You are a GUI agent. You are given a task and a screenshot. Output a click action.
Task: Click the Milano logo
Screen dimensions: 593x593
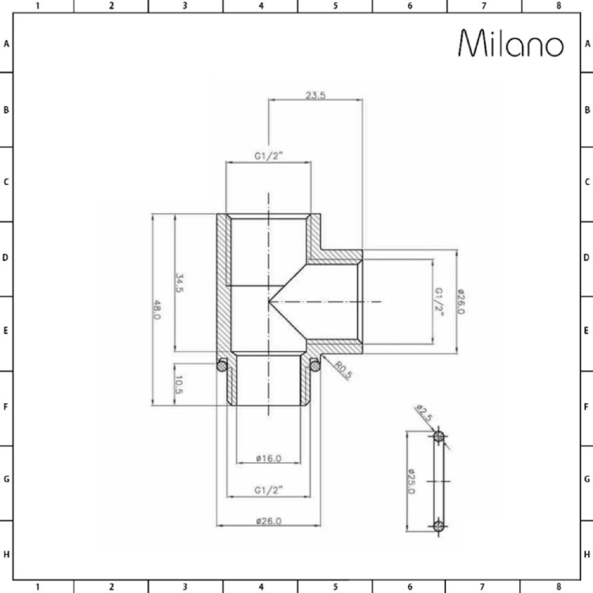coord(511,44)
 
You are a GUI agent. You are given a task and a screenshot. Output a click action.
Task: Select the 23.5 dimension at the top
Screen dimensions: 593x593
coord(315,95)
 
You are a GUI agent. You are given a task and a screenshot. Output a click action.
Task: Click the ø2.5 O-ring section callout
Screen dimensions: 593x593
coord(424,413)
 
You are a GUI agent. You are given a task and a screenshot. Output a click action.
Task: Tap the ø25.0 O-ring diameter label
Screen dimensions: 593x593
coord(411,481)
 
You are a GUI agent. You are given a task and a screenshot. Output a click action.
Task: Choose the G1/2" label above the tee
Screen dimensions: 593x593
coord(268,157)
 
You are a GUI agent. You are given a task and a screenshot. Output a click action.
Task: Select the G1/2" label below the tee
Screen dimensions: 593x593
coord(268,490)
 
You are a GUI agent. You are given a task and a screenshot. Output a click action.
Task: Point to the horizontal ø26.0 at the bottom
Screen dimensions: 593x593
coord(268,521)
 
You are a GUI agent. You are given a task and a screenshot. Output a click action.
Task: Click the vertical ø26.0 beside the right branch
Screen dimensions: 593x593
coord(461,302)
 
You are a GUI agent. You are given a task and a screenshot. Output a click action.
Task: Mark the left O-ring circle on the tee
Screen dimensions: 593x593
coord(222,365)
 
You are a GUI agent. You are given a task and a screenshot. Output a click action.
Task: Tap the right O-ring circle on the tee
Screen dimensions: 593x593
coord(315,365)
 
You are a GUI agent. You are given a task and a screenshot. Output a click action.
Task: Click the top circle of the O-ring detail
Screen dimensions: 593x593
coord(439,437)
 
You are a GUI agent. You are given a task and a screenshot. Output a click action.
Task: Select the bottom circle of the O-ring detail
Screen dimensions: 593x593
coord(439,525)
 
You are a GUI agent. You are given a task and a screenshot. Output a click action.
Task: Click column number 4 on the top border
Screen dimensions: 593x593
coord(260,6)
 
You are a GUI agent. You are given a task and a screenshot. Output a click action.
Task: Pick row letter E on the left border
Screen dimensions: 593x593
coord(6,331)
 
